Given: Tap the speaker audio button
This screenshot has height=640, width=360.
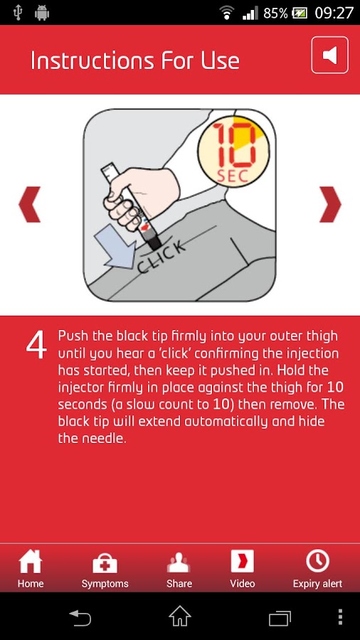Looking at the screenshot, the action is click(330, 55).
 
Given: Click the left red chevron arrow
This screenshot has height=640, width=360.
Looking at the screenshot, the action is click(29, 205).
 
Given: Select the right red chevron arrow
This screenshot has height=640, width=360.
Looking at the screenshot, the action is click(330, 205).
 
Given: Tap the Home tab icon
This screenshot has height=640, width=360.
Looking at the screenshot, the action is click(30, 561).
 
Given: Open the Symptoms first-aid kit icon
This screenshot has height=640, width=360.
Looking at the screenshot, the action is click(105, 563).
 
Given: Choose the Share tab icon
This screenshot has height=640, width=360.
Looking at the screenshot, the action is click(179, 562).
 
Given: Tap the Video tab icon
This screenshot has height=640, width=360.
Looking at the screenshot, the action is click(243, 561).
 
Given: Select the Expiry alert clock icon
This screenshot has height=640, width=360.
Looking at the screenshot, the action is click(317, 561).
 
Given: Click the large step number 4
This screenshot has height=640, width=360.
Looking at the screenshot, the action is click(36, 346).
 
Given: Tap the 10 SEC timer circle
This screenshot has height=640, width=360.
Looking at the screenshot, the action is click(233, 151).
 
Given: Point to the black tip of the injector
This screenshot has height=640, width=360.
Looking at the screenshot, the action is click(154, 243).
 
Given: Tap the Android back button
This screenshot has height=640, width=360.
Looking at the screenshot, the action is click(80, 617).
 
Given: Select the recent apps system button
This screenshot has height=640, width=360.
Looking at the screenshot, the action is click(280, 617).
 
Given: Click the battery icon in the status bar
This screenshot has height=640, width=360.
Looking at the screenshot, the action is click(300, 14).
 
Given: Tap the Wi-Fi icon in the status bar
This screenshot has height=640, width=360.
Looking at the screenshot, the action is click(226, 13).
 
